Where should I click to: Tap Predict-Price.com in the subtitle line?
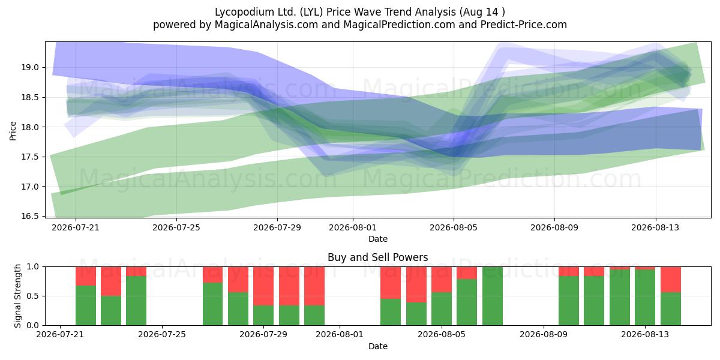tap(524, 25)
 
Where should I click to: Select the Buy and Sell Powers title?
tap(377, 257)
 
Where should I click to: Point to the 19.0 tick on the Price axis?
tap(30, 67)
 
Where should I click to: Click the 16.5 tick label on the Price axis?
tap(30, 216)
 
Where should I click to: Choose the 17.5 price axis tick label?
tap(30, 157)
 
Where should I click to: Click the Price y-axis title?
tap(13, 131)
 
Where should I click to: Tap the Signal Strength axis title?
tap(17, 296)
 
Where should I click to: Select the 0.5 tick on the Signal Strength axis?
tap(32, 296)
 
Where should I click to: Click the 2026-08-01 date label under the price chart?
tap(353, 227)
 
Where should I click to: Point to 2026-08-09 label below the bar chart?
tap(544, 335)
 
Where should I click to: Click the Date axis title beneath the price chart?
tap(377, 239)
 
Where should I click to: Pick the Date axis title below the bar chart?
tap(377, 346)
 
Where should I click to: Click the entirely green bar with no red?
tap(492, 296)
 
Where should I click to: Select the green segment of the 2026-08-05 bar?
tap(442, 309)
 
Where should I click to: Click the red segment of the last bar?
tap(671, 280)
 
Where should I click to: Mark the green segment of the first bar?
tap(85, 305)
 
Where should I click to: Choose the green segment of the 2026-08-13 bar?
tap(645, 298)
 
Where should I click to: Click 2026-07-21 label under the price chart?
tap(76, 227)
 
